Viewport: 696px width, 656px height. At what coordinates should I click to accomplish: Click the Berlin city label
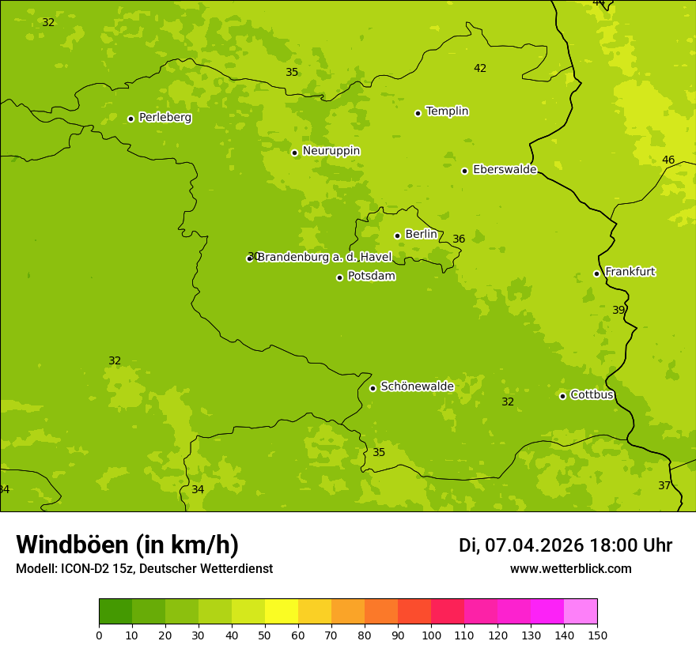pyautogui.click(x=421, y=234)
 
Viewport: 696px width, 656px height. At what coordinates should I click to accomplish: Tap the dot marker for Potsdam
pyautogui.click(x=340, y=277)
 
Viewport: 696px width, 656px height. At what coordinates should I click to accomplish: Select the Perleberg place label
pyautogui.click(x=165, y=117)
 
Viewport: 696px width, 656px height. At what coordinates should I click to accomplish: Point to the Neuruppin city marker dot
pyautogui.click(x=295, y=153)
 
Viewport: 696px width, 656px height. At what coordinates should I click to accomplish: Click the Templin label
pyautogui.click(x=447, y=111)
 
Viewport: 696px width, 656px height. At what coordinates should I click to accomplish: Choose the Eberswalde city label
pyautogui.click(x=505, y=169)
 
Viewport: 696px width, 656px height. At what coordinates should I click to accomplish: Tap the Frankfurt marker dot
pyautogui.click(x=597, y=273)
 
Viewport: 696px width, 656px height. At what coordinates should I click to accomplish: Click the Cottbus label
pyautogui.click(x=592, y=394)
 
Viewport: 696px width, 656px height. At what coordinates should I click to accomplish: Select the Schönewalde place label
pyautogui.click(x=417, y=386)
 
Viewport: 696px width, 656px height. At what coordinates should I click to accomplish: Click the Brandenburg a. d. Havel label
pyautogui.click(x=324, y=257)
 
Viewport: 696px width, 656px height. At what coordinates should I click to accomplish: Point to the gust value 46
pyautogui.click(x=668, y=160)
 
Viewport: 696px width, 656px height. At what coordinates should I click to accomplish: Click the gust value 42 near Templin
pyautogui.click(x=480, y=68)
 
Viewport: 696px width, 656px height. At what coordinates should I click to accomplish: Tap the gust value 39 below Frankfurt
pyautogui.click(x=618, y=310)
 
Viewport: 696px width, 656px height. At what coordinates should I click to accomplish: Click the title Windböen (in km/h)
pyautogui.click(x=127, y=545)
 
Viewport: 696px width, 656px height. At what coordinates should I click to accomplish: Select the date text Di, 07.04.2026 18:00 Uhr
pyautogui.click(x=565, y=545)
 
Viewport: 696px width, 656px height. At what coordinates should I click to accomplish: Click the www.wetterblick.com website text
pyautogui.click(x=570, y=568)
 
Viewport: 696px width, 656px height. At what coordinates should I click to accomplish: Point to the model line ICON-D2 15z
pyautogui.click(x=144, y=568)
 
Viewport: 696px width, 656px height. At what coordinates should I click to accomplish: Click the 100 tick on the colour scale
pyautogui.click(x=431, y=635)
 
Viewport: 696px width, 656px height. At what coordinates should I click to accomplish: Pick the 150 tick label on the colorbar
pyautogui.click(x=597, y=635)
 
